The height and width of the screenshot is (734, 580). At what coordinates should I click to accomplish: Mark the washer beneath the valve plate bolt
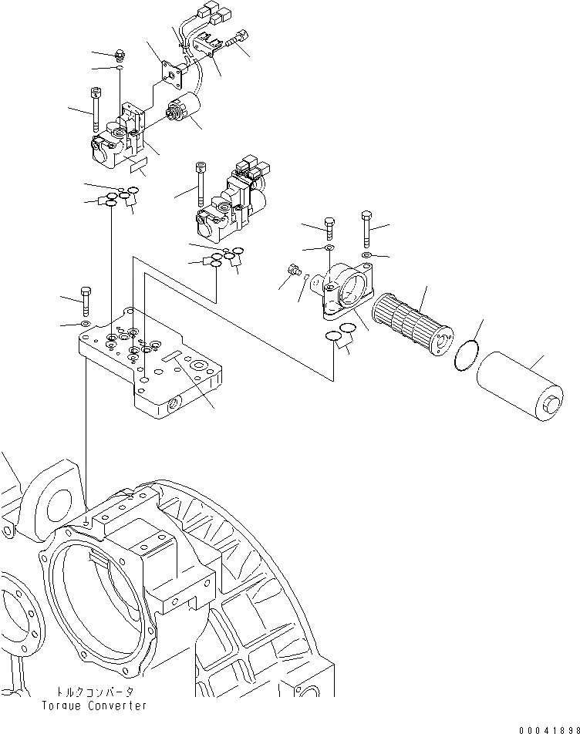85,322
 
